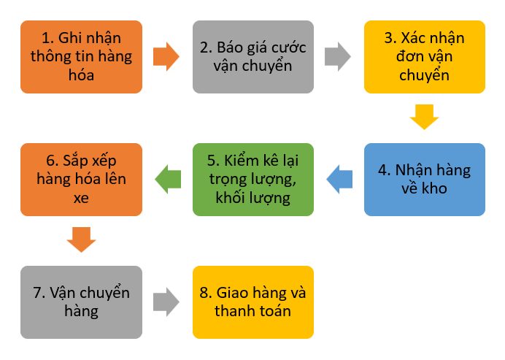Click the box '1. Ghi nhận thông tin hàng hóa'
[x=81, y=56]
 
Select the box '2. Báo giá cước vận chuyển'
[x=252, y=56]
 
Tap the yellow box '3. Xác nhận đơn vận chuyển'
[x=424, y=56]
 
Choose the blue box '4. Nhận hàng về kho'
[x=424, y=180]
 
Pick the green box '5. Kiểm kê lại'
[x=252, y=180]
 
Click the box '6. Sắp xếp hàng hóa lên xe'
[x=81, y=180]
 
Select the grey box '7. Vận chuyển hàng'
[x=81, y=302]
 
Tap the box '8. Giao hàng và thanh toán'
[x=252, y=302]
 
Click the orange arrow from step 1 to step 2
[x=166, y=56]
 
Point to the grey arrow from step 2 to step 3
[x=338, y=56]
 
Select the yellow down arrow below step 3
[x=424, y=117]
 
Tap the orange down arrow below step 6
[x=81, y=240]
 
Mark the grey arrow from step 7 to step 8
[x=166, y=302]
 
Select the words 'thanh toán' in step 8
[x=252, y=312]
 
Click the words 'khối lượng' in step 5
[x=252, y=199]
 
